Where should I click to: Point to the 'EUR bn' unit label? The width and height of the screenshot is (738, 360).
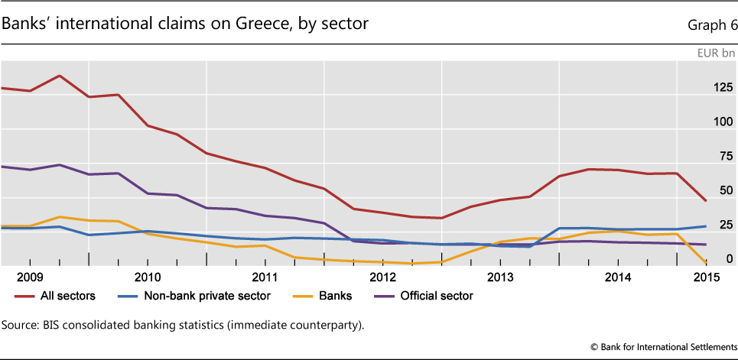point(715,54)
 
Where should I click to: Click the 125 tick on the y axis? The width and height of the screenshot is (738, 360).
point(721,88)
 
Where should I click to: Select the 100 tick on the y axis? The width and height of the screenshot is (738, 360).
point(721,122)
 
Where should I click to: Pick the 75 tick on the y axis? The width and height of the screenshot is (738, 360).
point(724,157)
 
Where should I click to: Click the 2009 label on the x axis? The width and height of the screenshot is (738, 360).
point(29,276)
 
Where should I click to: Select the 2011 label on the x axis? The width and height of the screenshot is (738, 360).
point(265,276)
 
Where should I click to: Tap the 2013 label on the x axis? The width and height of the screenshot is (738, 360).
point(499,276)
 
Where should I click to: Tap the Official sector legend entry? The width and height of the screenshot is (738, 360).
point(436,296)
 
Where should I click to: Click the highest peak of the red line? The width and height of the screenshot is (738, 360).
point(59,76)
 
